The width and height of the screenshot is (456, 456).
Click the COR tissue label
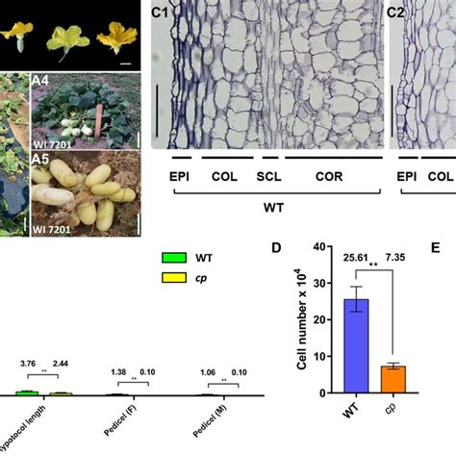(x=332, y=176)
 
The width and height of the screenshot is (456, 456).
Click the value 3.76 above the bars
(x=28, y=364)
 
